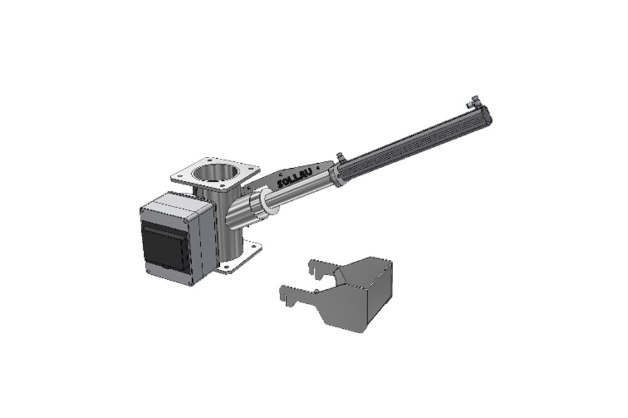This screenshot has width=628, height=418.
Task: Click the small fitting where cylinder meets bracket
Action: click(340, 157)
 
